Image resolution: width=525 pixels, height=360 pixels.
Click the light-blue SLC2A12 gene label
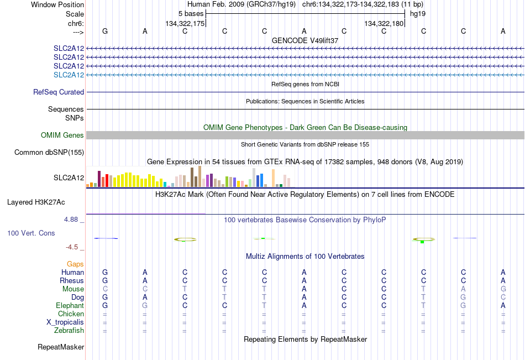(69, 75)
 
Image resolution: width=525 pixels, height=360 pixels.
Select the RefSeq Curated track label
(59, 92)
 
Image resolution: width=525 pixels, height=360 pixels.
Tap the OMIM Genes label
(62, 135)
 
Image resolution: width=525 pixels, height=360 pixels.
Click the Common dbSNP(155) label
(49, 152)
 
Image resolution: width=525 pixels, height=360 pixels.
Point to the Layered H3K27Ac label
(36, 202)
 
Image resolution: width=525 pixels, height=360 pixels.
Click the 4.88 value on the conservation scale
(71, 219)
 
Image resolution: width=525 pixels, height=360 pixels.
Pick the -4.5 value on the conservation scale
(72, 247)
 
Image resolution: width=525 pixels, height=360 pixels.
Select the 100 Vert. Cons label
(31, 233)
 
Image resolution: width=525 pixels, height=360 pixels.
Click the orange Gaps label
(75, 264)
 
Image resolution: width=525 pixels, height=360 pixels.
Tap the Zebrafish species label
(69, 331)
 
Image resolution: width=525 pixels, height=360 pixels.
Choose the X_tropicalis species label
(65, 322)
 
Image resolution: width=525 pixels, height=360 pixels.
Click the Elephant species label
(70, 306)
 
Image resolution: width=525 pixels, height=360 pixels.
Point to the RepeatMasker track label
(61, 347)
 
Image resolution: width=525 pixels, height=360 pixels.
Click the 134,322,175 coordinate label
(185, 23)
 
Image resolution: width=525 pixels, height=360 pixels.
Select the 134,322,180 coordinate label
(384, 23)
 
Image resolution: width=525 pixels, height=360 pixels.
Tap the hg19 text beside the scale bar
(418, 14)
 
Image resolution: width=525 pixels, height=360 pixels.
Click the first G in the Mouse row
(503, 289)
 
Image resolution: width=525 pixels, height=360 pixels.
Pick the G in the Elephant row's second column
(145, 306)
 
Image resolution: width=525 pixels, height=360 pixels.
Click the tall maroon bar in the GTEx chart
(99, 179)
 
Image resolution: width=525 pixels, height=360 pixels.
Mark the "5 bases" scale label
(191, 14)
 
